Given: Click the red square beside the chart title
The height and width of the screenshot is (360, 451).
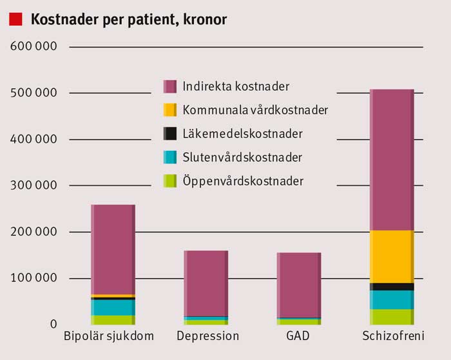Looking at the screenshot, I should coord(16,20).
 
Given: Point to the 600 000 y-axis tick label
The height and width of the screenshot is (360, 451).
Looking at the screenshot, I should coord(34,47).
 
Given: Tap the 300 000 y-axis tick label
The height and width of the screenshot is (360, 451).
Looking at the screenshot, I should coord(34,185).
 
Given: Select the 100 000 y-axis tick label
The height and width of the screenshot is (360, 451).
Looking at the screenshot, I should coord(34,278).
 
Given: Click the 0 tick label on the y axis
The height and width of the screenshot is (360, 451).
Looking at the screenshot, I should coord(54,324).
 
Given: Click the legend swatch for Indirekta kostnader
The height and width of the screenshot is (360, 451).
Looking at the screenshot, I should coord(169,86).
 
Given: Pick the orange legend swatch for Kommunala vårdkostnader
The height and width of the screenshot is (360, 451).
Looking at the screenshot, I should coord(169,110).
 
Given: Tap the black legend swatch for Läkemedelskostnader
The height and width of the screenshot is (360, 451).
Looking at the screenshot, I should coord(169,134).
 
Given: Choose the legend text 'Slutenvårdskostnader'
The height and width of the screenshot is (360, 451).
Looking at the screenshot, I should coord(242,157).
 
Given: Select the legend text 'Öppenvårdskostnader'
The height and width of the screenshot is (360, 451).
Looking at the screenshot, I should coord(243,181).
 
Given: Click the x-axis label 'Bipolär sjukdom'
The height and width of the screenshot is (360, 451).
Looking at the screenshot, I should coord(109,337).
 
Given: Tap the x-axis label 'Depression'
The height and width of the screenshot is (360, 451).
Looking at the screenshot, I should coord(207,337).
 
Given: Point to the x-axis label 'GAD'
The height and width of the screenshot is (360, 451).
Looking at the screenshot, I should coord(298,337).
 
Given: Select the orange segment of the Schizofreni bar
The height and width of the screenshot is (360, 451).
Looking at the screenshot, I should coord(392,256).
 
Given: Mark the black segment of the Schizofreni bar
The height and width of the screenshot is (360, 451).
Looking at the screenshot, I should coord(392,287).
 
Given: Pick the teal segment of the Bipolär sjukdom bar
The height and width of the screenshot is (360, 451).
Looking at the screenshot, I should coord(113,307).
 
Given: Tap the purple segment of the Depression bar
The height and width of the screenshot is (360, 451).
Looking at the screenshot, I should coord(206,283).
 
